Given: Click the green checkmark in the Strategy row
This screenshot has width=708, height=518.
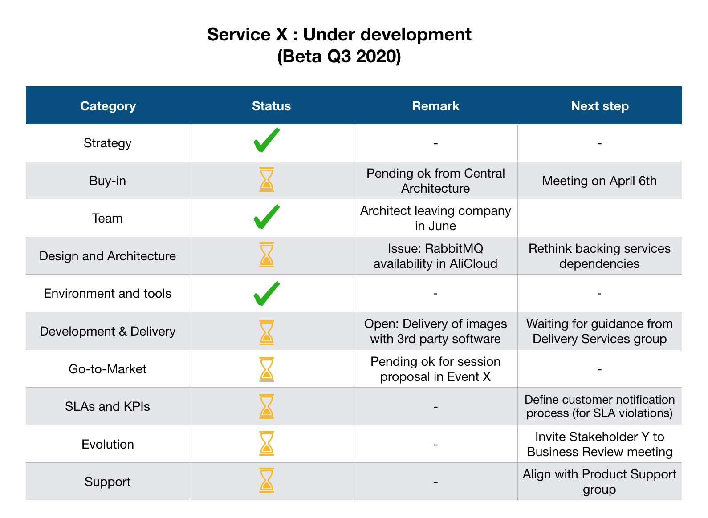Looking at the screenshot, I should click(266, 141).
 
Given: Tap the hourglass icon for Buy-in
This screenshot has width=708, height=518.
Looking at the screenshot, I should click(267, 180).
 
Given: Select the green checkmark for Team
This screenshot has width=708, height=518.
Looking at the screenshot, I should click(266, 217).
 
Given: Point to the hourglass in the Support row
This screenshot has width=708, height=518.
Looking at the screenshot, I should click(267, 481).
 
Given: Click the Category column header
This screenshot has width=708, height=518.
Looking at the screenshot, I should click(108, 106).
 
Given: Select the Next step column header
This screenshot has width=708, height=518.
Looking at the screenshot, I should click(599, 106).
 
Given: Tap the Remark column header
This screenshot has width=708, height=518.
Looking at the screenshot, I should click(435, 106).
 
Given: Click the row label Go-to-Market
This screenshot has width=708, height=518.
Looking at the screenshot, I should click(107, 369).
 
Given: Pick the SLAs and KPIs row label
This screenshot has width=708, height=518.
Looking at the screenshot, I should click(107, 406).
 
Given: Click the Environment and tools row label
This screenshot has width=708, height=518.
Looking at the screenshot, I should click(107, 294).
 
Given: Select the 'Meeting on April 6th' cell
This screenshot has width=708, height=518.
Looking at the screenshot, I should click(599, 181).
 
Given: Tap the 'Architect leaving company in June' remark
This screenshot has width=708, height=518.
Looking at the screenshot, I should click(435, 218).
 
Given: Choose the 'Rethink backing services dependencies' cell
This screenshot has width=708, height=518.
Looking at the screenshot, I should click(599, 256).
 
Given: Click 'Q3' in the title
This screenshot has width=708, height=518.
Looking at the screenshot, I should click(339, 57).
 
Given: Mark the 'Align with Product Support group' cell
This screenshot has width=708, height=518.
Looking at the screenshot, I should click(599, 482).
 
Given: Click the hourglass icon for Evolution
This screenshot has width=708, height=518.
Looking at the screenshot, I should click(267, 443).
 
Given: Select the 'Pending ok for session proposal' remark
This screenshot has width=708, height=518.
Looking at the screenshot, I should click(435, 369).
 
